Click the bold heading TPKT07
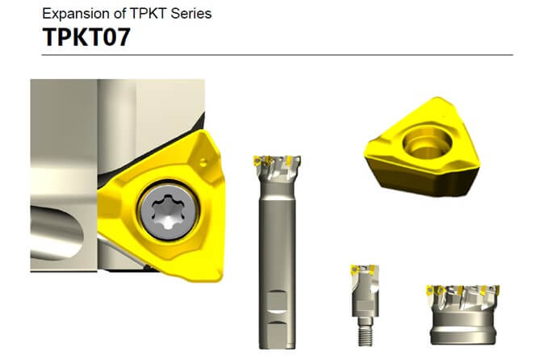(x=86, y=36)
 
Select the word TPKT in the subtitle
(x=148, y=14)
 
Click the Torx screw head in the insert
(x=169, y=211)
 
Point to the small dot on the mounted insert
(x=203, y=163)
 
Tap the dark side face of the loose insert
(x=425, y=182)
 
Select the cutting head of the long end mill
(x=277, y=170)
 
